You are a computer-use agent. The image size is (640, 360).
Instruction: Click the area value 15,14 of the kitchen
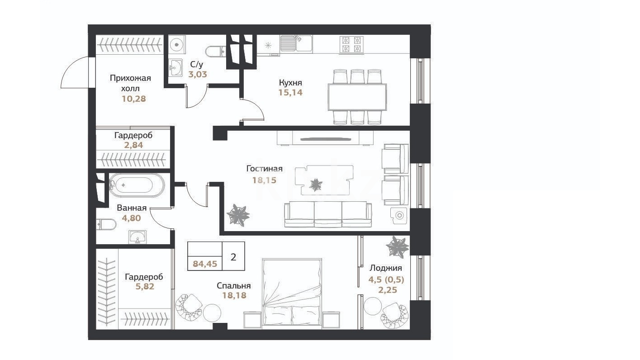(290, 93)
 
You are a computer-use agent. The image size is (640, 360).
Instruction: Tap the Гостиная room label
(264, 169)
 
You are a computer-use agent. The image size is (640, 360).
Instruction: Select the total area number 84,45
(205, 264)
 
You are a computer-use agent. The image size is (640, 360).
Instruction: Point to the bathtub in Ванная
(137, 185)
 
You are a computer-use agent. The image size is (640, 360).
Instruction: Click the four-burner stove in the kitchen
(351, 45)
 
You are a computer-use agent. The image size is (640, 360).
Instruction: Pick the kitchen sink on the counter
(296, 44)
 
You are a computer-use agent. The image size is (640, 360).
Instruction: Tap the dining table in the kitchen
(357, 97)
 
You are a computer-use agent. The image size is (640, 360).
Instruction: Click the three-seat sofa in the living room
(328, 214)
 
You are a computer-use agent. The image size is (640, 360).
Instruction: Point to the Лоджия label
(386, 268)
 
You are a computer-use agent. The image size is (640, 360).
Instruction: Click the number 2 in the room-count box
(233, 257)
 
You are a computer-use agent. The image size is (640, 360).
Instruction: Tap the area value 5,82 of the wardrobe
(145, 286)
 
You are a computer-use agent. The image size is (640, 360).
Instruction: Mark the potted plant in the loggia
(397, 247)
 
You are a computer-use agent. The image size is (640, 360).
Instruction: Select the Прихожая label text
(130, 78)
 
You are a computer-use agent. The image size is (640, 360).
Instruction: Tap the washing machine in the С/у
(176, 44)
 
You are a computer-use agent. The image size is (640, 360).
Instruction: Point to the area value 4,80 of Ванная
(132, 218)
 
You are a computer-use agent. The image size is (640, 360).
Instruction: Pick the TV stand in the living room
(325, 138)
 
